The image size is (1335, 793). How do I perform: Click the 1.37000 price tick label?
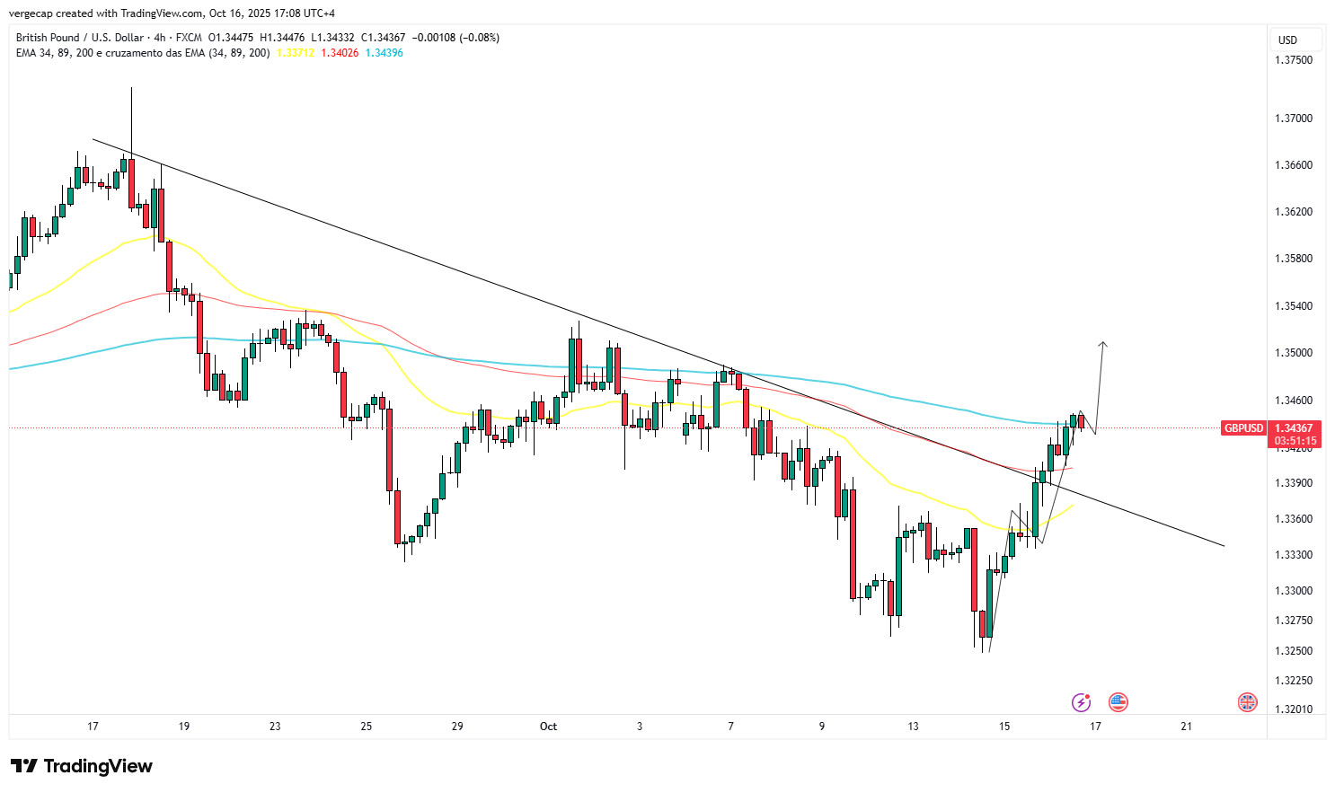1294,119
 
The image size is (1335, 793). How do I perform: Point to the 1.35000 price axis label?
1294,353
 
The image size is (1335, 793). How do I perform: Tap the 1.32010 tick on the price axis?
1294,709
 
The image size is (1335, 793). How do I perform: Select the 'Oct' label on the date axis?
548,727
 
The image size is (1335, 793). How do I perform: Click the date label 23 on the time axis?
275,727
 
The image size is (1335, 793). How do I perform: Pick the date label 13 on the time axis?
913,727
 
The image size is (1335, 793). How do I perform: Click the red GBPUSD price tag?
1243,428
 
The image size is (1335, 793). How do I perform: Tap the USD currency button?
1288,40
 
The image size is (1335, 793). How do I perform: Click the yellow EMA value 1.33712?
295,53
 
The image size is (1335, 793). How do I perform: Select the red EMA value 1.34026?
340,53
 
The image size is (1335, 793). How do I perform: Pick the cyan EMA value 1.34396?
384,53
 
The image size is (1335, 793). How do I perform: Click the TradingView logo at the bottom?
82,766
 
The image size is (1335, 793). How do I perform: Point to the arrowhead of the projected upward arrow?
1103,344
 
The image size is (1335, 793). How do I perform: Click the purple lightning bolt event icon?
1082,701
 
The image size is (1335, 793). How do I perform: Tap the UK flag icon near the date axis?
1247,701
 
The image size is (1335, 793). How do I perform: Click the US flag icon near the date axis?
1118,701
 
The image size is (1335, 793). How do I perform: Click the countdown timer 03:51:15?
1294,441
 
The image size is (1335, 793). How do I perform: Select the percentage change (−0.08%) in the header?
481,38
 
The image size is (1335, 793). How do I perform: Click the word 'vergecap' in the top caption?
31,13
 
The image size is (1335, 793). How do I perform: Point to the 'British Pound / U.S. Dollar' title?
79,38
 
